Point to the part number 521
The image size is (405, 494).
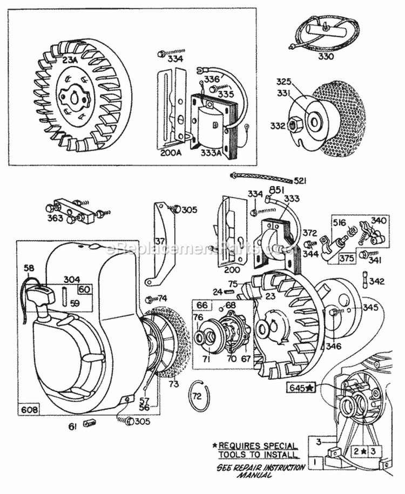point(300,180)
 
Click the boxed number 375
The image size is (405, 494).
point(346,258)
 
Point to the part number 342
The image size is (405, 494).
point(380,281)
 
